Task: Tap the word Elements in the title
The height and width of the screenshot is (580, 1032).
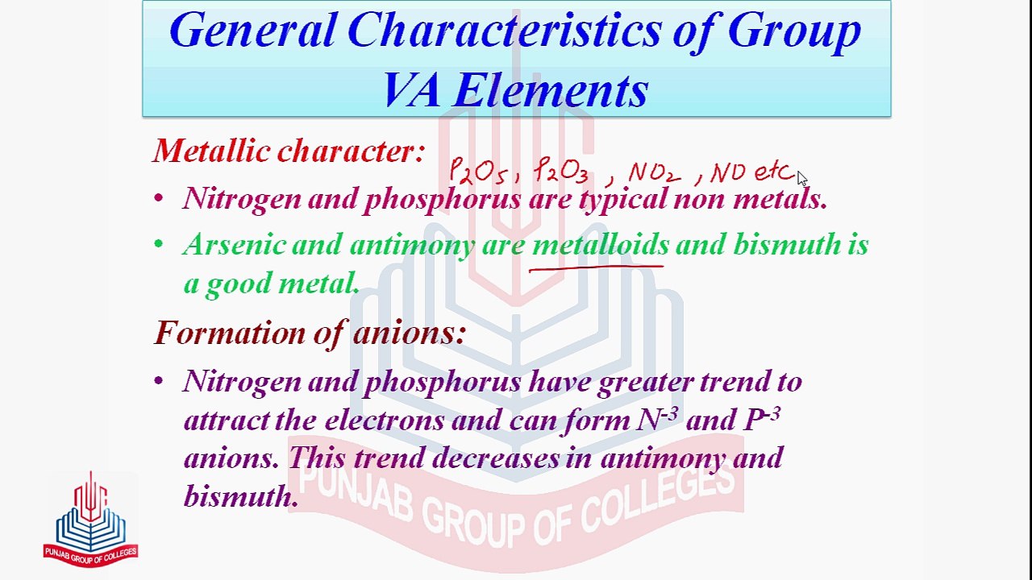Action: pyautogui.click(x=550, y=90)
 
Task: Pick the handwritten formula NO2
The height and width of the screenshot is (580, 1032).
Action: pyautogui.click(x=653, y=173)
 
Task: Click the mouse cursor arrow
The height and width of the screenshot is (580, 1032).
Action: pyautogui.click(x=801, y=179)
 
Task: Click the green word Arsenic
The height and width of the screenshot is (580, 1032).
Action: pyautogui.click(x=234, y=245)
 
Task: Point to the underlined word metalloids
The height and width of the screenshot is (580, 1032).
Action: pyautogui.click(x=600, y=245)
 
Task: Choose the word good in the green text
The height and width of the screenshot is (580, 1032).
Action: pyautogui.click(x=239, y=284)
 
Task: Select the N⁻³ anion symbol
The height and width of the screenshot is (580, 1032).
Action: pyautogui.click(x=657, y=419)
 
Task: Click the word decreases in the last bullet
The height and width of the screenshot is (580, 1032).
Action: pyautogui.click(x=495, y=458)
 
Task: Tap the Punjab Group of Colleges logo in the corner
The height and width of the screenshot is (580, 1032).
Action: pyautogui.click(x=90, y=520)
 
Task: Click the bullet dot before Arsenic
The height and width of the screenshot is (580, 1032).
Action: pyautogui.click(x=159, y=245)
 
